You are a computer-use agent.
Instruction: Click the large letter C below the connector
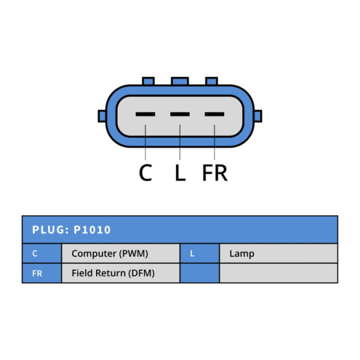145,173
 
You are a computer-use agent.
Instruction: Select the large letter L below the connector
180,173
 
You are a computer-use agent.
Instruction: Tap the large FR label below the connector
215,173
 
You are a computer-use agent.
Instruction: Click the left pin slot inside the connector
145,114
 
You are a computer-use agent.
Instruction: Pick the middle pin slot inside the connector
180,114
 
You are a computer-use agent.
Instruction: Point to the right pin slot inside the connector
214,114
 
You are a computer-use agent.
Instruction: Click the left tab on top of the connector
148,81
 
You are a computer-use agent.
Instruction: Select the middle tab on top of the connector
180,81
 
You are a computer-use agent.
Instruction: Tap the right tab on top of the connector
211,81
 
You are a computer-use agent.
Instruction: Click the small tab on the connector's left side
102,116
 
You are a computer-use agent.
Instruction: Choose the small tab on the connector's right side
258,116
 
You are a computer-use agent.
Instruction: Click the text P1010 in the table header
92,230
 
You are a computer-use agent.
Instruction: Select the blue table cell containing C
42,253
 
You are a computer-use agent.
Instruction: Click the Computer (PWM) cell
121,253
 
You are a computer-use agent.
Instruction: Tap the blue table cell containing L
200,253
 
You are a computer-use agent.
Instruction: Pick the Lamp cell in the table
279,253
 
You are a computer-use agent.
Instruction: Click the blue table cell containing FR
42,273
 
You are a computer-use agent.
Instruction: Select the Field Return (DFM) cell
121,273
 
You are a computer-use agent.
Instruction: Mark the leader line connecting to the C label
145,142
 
